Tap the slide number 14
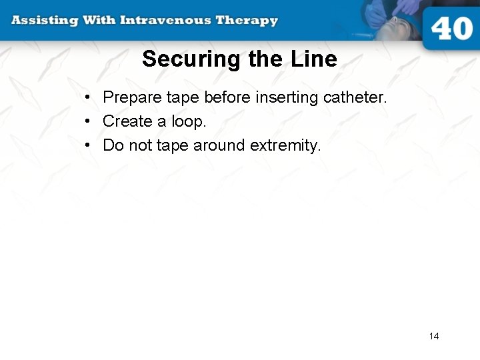[x=434, y=336]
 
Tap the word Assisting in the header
[x=43, y=20]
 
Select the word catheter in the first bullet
[x=355, y=97]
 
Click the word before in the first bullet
[x=227, y=97]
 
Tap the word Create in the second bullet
[x=127, y=121]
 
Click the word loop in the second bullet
[x=189, y=121]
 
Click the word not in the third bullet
[x=141, y=145]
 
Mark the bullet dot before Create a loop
[x=88, y=121]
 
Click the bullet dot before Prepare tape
[x=88, y=98]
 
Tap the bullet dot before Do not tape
[x=88, y=145]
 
